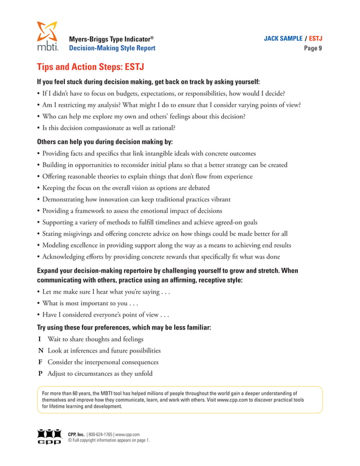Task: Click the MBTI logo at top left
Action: (x=47, y=37)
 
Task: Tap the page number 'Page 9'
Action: (x=313, y=49)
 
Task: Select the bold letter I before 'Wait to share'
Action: (x=39, y=340)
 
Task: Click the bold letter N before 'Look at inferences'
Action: (x=40, y=351)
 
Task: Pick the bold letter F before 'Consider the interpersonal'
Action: (x=39, y=362)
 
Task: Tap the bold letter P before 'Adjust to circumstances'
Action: (x=39, y=373)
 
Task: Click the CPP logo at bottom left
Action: (x=47, y=436)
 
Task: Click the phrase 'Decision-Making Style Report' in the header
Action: (x=112, y=49)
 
